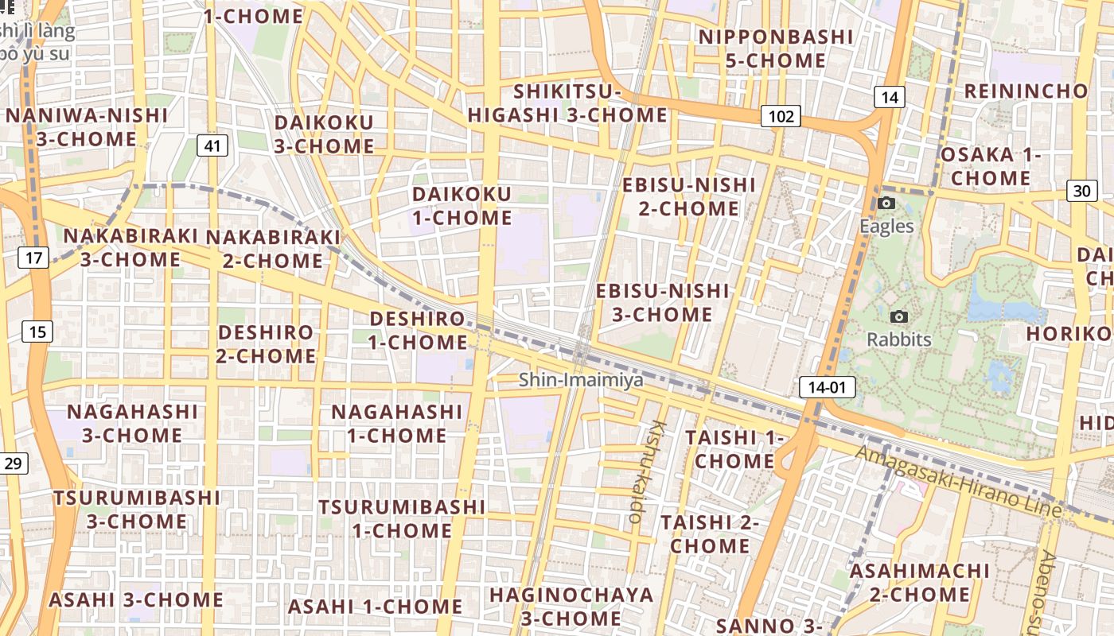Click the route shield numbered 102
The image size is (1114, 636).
781,117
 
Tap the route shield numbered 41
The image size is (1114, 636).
212,145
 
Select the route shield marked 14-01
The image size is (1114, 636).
827,388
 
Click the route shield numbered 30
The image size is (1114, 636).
1081,191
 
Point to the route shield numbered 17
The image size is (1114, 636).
33,258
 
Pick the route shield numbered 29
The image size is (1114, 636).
13,463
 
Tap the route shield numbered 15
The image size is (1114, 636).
37,332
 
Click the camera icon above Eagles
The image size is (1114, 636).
886,204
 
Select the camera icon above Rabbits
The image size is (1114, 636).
899,317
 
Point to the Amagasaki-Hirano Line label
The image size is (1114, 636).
959,481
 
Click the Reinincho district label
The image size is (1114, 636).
1025,91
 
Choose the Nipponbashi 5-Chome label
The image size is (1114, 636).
764,48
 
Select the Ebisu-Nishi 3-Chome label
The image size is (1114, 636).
662,302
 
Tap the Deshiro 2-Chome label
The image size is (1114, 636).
266,343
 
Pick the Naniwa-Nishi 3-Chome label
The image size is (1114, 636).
87,127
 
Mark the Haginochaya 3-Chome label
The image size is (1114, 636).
571,606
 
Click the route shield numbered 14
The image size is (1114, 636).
890,98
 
